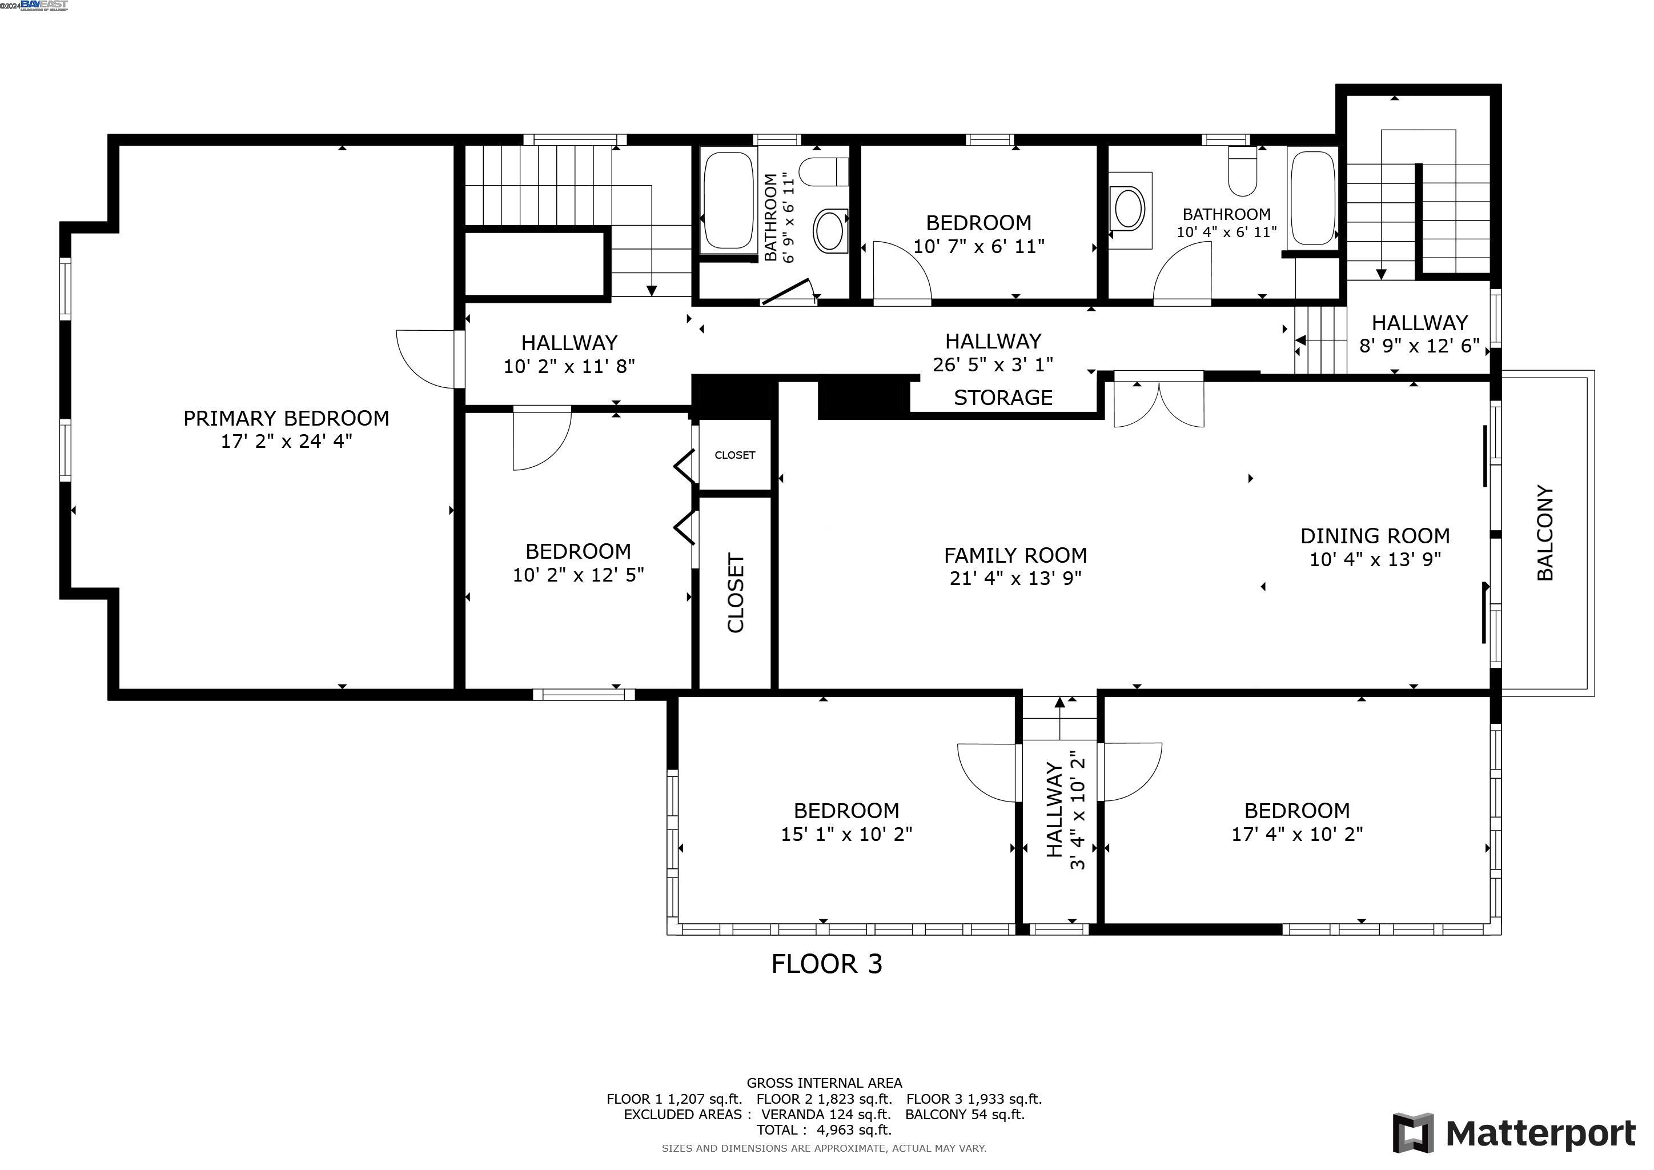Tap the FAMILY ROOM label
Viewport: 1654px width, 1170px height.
point(1015,555)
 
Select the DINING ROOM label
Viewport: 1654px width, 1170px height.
point(1375,536)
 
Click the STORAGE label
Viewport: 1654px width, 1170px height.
point(1003,398)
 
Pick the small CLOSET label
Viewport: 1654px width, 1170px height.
point(735,455)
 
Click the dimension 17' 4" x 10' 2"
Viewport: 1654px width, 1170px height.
point(1296,834)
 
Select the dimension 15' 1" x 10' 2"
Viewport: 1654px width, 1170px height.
point(846,834)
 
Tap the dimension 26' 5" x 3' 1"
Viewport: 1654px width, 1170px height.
point(993,364)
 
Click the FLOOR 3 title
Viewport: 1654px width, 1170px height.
point(826,964)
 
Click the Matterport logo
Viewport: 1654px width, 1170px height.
point(1514,1133)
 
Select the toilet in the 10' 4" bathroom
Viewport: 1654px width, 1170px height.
point(1242,171)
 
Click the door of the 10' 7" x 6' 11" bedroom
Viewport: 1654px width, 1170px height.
point(902,271)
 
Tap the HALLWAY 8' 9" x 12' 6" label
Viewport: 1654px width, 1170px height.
point(1419,334)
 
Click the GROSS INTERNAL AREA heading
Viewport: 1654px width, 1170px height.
point(824,1083)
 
